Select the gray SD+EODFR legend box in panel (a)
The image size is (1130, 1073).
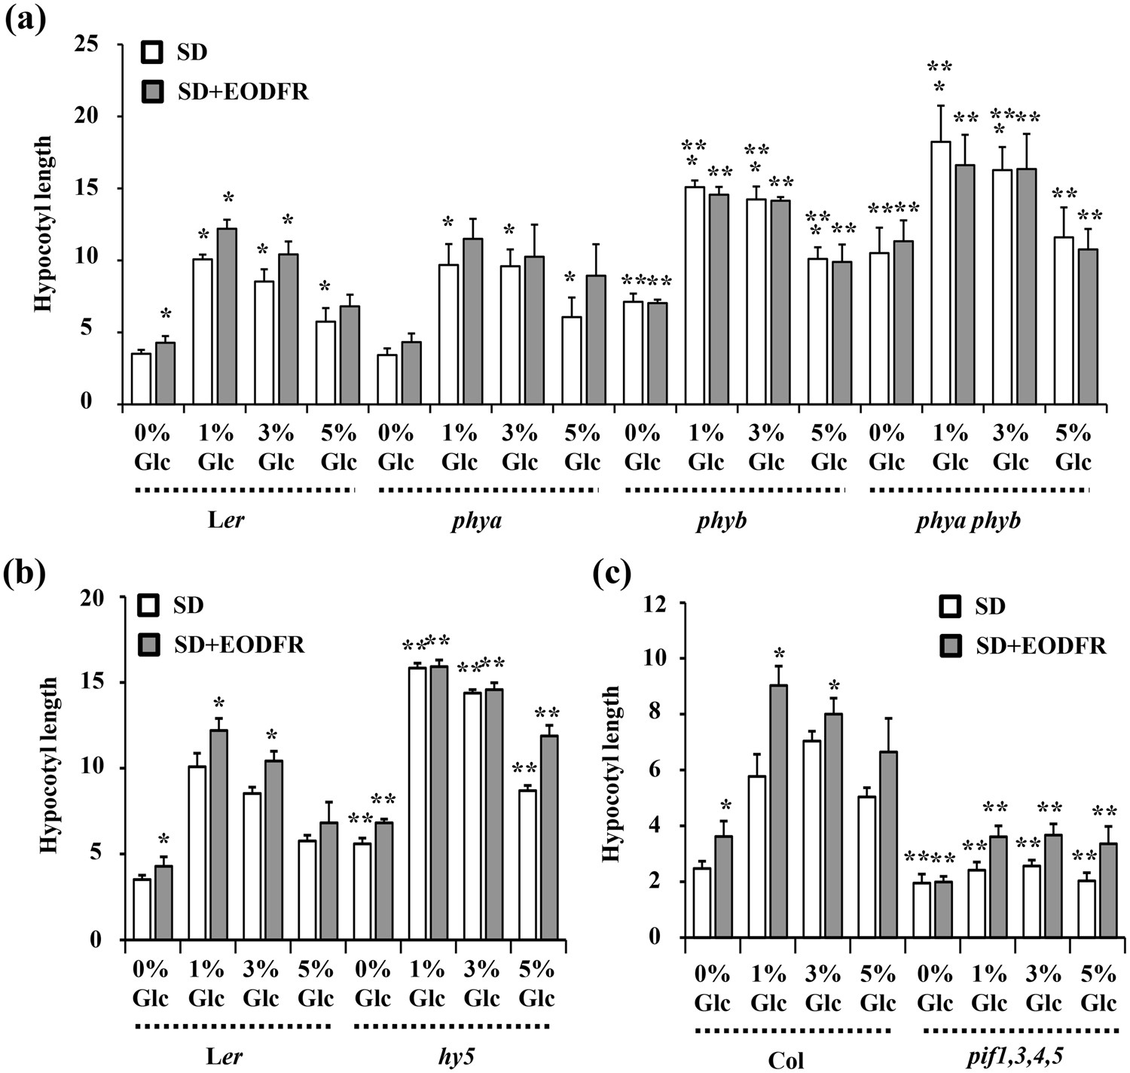(x=152, y=92)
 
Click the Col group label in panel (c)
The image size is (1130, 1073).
(x=786, y=1060)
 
